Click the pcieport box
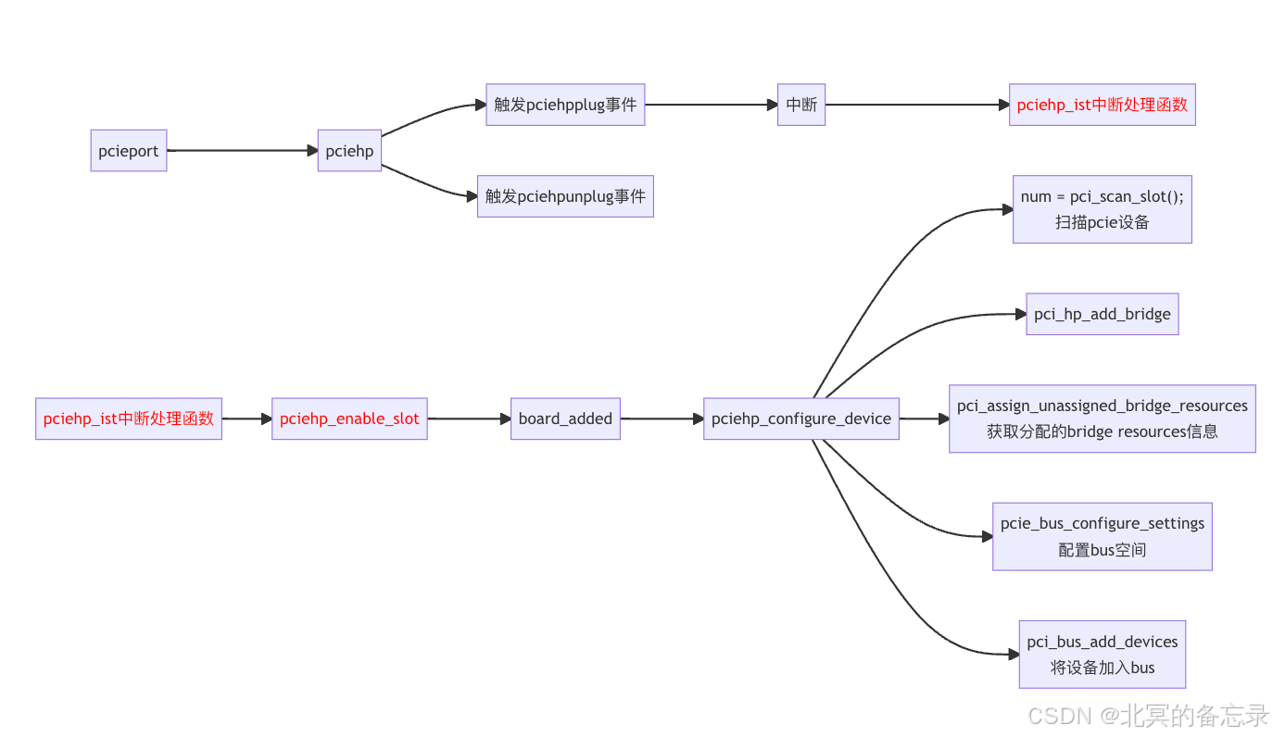click(129, 151)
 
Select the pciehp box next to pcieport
click(349, 151)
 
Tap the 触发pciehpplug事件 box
click(565, 105)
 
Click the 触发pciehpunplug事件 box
click(565, 196)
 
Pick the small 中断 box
click(801, 105)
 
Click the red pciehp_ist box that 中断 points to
click(1102, 105)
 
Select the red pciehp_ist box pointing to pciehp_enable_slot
click(129, 418)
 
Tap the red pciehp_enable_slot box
click(349, 418)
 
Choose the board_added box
click(565, 418)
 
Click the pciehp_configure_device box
click(801, 418)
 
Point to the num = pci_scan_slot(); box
click(1102, 209)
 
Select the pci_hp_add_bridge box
click(1102, 314)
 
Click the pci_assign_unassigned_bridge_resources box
click(1102, 418)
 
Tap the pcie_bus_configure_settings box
click(1102, 536)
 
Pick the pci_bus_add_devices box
click(1102, 654)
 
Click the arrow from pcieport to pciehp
click(243, 150)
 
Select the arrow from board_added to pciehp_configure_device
click(662, 418)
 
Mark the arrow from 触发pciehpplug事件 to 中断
click(711, 105)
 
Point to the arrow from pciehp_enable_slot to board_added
click(469, 418)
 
